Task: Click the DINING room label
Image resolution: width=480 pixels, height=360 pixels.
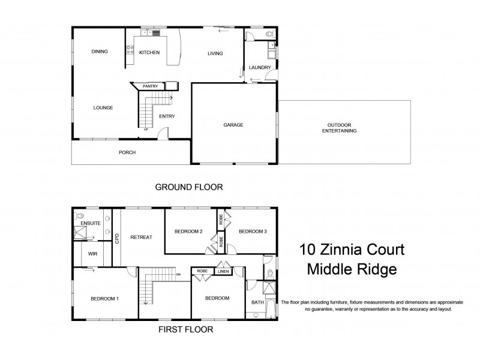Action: click(x=100, y=52)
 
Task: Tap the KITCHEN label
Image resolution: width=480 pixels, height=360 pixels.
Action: click(x=149, y=53)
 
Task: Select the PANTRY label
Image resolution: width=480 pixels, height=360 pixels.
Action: click(x=150, y=86)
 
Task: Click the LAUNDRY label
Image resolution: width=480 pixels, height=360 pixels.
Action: click(x=260, y=68)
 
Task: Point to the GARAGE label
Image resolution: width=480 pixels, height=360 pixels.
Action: click(x=233, y=125)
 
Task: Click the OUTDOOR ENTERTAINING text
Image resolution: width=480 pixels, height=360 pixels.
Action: click(x=339, y=127)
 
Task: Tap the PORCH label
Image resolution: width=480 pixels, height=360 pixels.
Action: click(x=127, y=152)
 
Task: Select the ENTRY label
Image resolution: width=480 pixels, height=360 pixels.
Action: click(x=166, y=116)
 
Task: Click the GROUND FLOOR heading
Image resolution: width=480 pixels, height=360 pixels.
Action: click(x=189, y=187)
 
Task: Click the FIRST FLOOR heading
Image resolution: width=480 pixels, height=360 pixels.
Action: click(x=185, y=329)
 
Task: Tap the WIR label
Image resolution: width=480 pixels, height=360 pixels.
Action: click(x=93, y=254)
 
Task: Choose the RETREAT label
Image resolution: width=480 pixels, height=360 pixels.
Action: click(x=141, y=237)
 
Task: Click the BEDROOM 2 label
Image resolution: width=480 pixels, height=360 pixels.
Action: click(x=188, y=232)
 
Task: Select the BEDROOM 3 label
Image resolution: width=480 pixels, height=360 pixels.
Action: click(x=252, y=232)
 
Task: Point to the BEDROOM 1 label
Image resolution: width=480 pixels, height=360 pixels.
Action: click(x=104, y=298)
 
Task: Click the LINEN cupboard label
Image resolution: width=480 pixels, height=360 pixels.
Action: click(x=223, y=272)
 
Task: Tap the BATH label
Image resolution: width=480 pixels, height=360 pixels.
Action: click(x=257, y=302)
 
